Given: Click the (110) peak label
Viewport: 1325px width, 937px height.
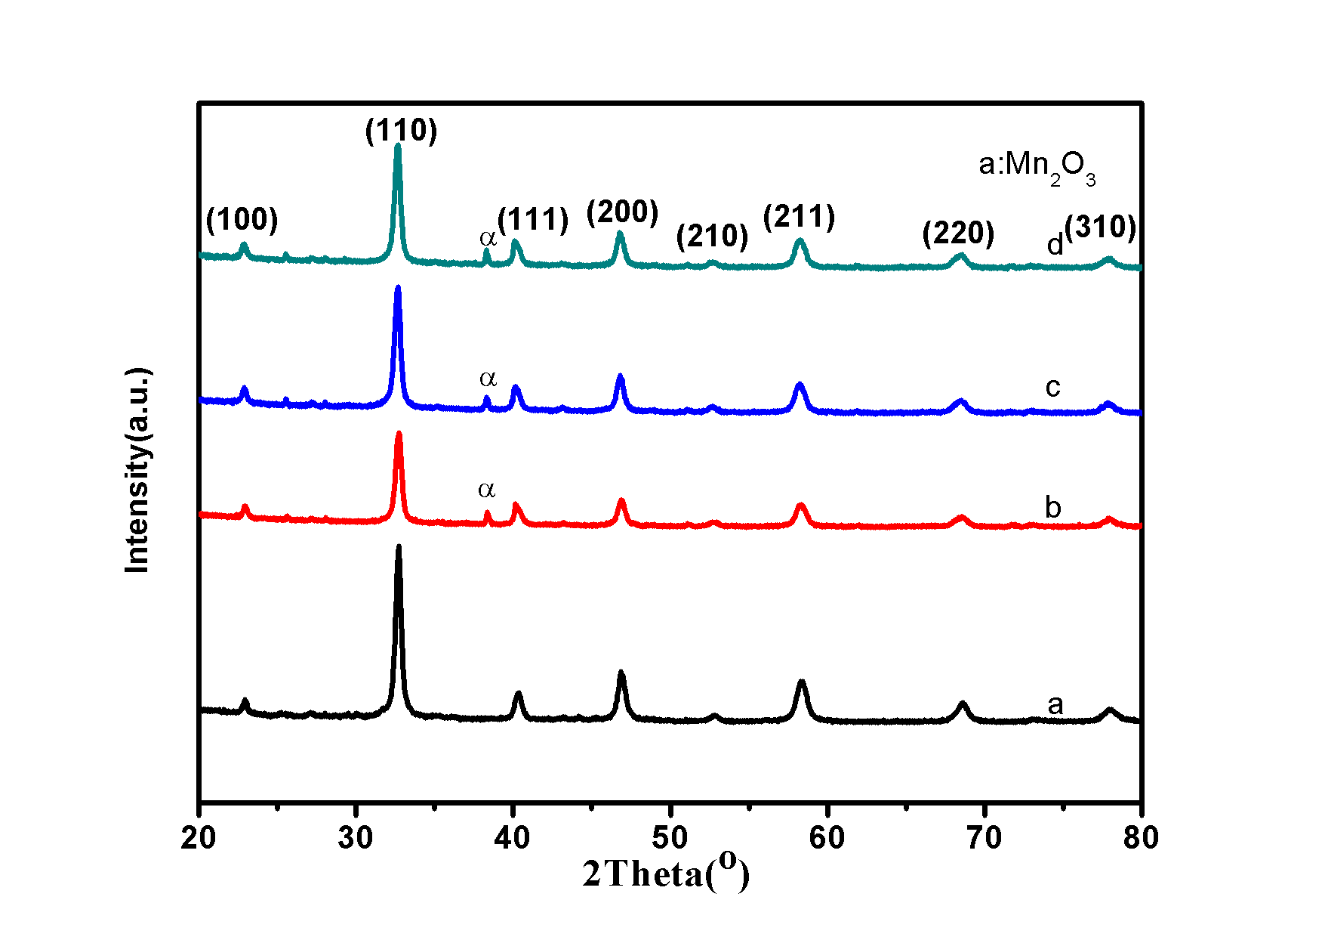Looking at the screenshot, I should pyautogui.click(x=401, y=131).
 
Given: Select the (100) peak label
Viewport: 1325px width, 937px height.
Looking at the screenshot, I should pyautogui.click(x=242, y=220).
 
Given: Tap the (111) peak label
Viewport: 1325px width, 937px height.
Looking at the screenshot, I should pyautogui.click(x=533, y=220).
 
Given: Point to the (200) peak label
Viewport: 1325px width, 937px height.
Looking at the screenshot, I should pyautogui.click(x=622, y=212).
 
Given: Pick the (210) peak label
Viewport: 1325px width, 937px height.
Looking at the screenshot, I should pyautogui.click(x=712, y=237).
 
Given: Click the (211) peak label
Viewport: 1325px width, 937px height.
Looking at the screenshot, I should pyautogui.click(x=799, y=218).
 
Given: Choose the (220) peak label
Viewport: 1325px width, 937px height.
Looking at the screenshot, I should pyautogui.click(x=958, y=233).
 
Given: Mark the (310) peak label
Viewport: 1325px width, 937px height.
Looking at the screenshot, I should pyautogui.click(x=1101, y=227).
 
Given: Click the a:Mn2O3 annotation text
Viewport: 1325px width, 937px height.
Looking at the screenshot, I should pyautogui.click(x=1036, y=165).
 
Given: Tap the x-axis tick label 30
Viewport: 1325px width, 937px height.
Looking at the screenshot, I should pyautogui.click(x=356, y=838).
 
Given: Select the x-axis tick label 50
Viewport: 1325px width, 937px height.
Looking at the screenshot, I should pyautogui.click(x=670, y=838).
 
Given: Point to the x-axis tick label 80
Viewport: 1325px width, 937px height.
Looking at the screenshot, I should pyautogui.click(x=1140, y=838).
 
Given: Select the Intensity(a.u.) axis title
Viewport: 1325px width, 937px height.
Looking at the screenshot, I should pyautogui.click(x=137, y=470).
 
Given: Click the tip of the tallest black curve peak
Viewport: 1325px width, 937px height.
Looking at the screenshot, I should pyautogui.click(x=399, y=546).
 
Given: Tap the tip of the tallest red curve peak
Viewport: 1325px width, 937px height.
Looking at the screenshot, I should pyautogui.click(x=399, y=433).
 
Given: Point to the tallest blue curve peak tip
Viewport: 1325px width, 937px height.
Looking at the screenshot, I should pyautogui.click(x=398, y=287).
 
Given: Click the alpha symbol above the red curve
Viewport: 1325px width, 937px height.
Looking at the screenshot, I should pyautogui.click(x=487, y=490).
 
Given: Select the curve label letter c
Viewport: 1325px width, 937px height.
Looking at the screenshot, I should pyautogui.click(x=1052, y=388).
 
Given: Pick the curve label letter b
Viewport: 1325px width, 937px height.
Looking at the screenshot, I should pyautogui.click(x=1052, y=507).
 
